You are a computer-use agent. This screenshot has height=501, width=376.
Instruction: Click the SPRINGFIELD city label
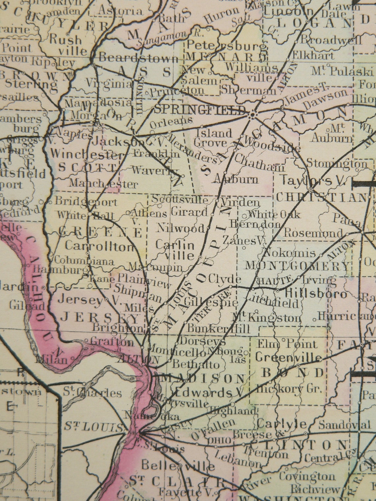tap(200, 109)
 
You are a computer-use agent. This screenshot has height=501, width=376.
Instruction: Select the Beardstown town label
tap(139, 58)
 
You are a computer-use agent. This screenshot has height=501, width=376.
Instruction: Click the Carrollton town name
tap(100, 246)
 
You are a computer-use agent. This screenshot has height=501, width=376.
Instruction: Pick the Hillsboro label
tap(316, 293)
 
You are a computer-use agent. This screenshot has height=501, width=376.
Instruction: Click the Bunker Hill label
tap(219, 328)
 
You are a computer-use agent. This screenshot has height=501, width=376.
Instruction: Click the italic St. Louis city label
tap(93, 427)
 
